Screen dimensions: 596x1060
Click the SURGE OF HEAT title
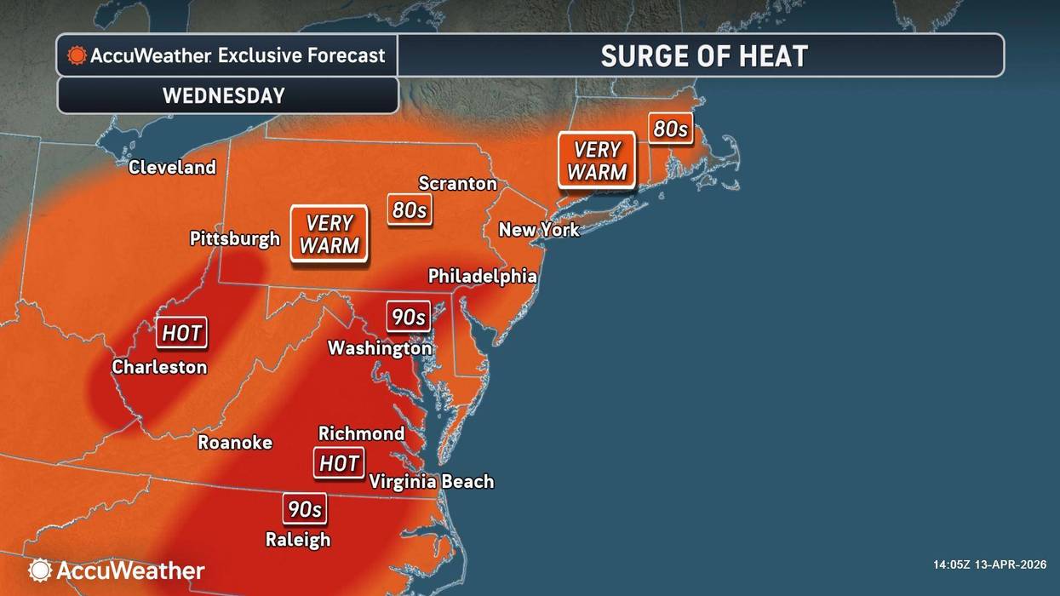703,56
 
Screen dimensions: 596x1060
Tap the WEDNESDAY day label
223,95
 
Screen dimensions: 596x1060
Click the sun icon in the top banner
77,56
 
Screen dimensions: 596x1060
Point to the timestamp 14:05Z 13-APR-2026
989,564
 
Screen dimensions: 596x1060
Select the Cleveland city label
172,168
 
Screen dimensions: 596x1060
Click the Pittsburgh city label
234,238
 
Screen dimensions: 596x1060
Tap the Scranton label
457,183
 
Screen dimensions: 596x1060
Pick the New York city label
538,229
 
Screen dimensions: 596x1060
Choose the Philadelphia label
482,276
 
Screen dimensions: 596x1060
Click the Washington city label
380,348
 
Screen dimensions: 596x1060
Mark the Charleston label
159,367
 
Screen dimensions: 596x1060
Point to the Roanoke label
235,442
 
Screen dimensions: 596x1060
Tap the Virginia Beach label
431,482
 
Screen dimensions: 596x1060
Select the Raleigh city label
297,539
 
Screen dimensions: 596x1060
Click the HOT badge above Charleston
182,333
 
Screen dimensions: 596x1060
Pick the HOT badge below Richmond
339,463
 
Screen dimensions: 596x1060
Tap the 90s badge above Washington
408,317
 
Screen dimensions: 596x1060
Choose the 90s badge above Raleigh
304,509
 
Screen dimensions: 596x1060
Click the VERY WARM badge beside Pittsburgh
329,234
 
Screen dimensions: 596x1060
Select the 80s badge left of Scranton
409,209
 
